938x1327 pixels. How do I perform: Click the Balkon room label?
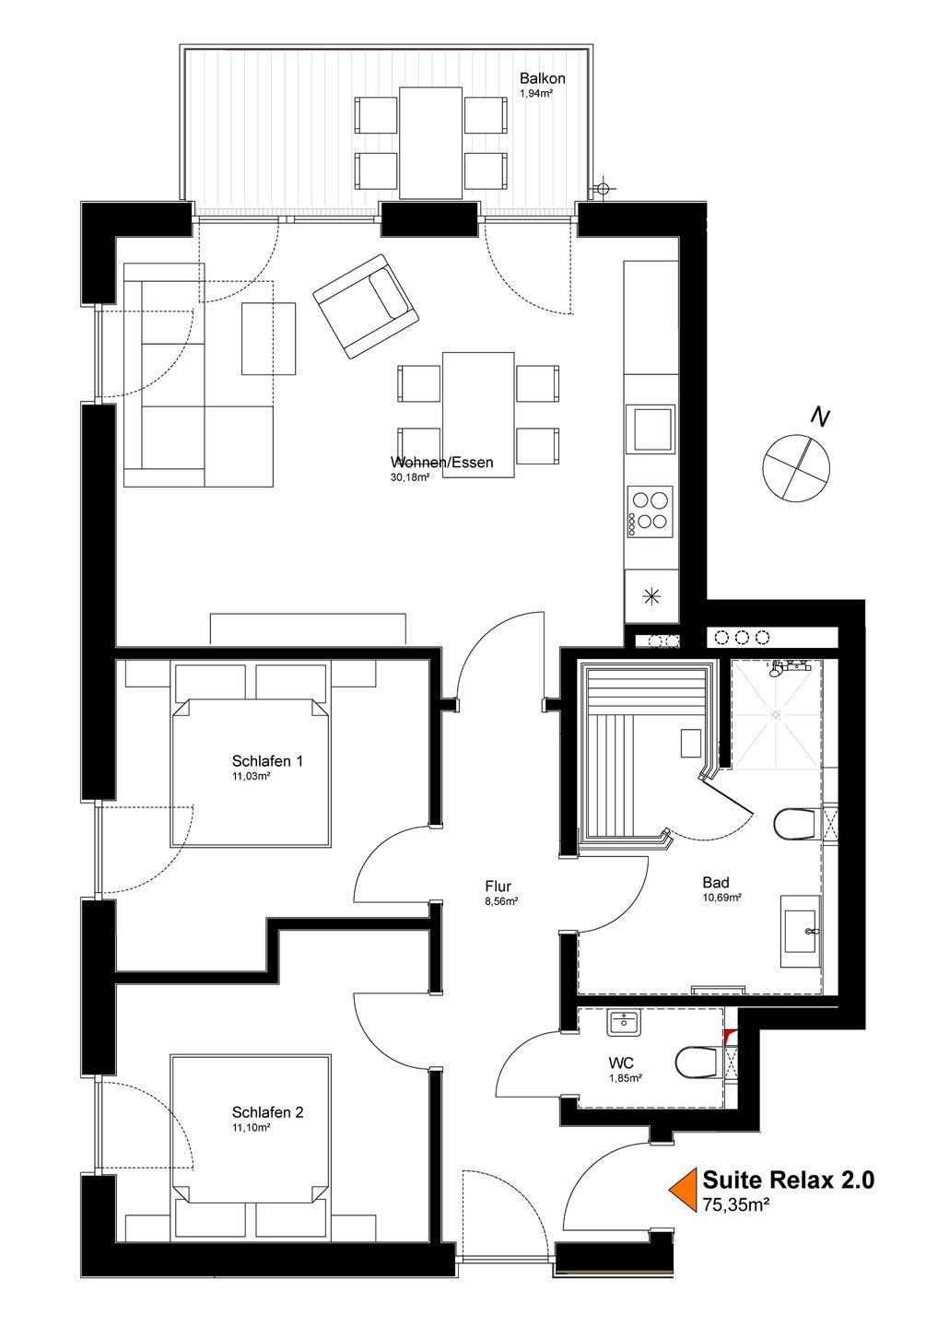click(542, 78)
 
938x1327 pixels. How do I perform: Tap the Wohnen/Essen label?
click(441, 462)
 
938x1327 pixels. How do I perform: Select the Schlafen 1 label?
click(267, 760)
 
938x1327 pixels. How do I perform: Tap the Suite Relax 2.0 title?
click(788, 1180)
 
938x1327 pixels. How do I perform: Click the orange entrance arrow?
click(682, 1190)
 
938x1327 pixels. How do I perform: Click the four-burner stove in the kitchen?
click(651, 511)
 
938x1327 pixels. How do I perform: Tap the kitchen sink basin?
click(651, 429)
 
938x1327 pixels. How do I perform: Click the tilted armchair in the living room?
click(366, 306)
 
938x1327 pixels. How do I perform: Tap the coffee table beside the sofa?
click(268, 338)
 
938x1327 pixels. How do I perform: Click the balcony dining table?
click(430, 143)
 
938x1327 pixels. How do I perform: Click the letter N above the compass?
click(820, 417)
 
